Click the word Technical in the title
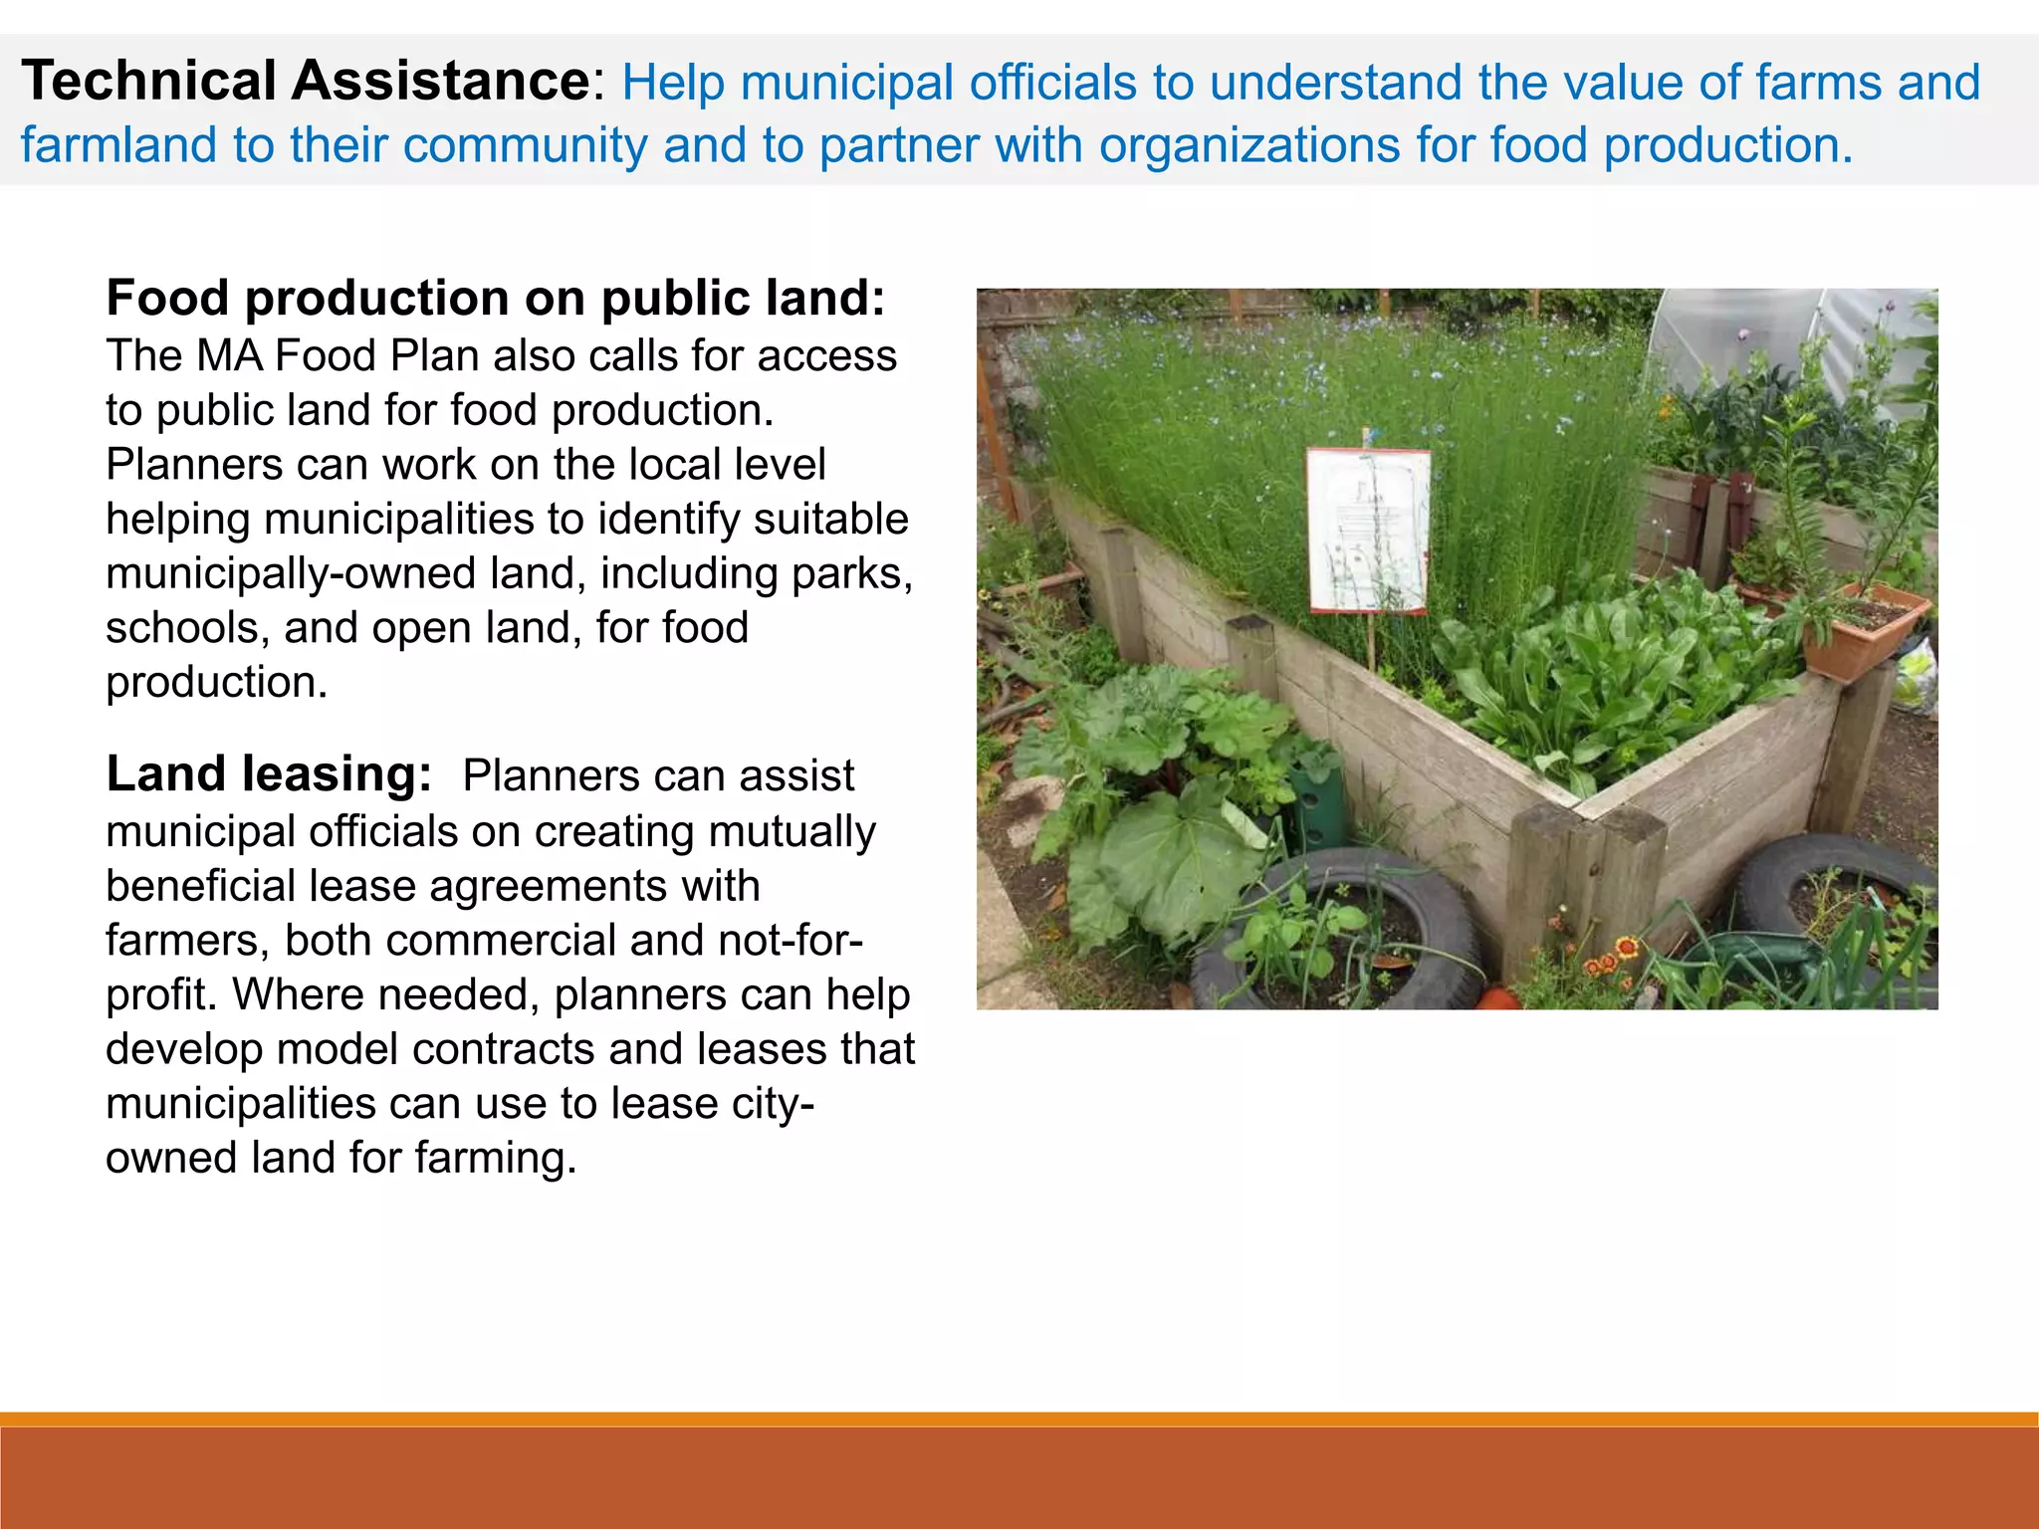[x=148, y=81]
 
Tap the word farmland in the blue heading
[x=118, y=145]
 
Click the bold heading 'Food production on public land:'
[x=495, y=298]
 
